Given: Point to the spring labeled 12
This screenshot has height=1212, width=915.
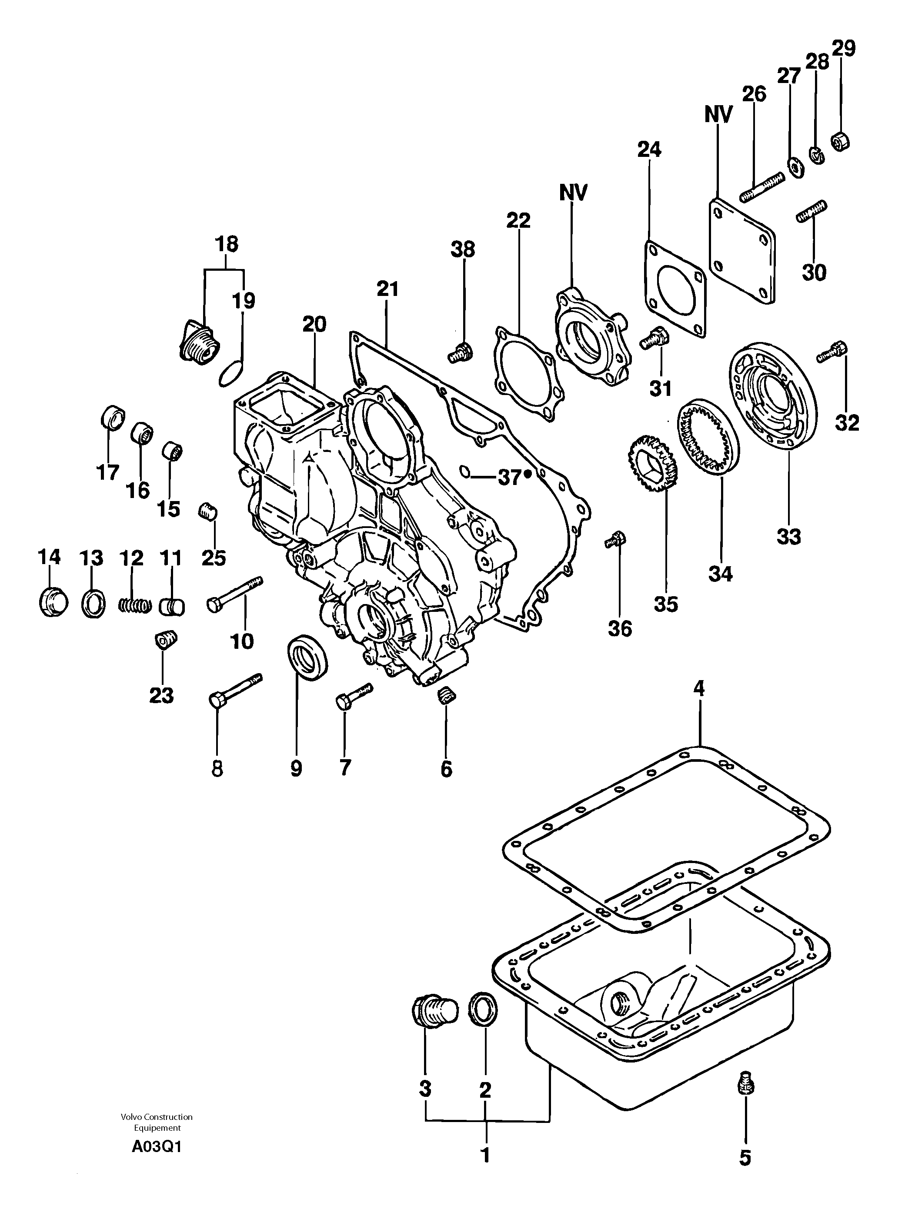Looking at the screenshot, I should pos(135,606).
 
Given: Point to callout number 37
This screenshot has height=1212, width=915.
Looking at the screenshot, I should pos(509,478).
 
